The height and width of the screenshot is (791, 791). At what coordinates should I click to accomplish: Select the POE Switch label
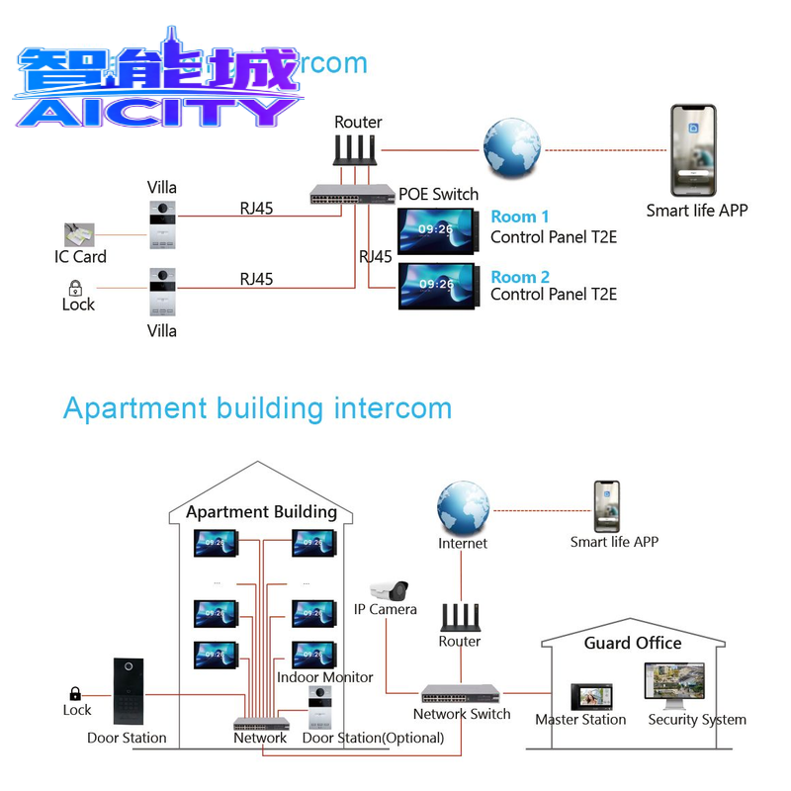[x=438, y=194]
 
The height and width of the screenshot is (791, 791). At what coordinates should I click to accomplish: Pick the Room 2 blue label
[x=520, y=277]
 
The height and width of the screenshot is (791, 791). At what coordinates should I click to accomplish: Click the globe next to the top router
[x=511, y=149]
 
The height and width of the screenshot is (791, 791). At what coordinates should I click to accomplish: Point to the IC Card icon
[x=85, y=234]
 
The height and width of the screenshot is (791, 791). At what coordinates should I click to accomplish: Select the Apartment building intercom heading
[x=257, y=407]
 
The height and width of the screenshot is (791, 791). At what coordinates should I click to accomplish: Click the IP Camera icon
[x=389, y=590]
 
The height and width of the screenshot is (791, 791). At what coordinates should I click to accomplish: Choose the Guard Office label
[x=633, y=643]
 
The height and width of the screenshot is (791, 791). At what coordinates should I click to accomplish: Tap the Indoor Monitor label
[x=325, y=677]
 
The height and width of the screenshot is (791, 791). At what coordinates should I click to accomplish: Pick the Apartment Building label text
[x=261, y=512]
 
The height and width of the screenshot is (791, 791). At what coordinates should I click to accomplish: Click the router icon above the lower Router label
[x=460, y=618]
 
